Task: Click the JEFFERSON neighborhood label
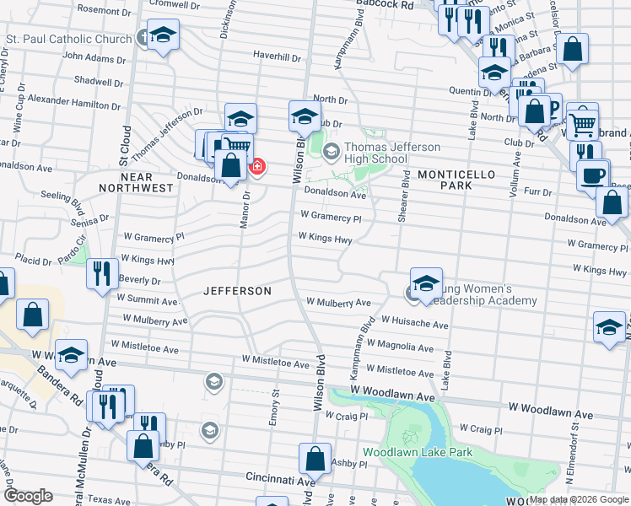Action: [237, 291]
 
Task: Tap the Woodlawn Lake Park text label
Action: [418, 453]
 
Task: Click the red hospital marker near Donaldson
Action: [256, 167]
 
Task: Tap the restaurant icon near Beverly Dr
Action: [101, 272]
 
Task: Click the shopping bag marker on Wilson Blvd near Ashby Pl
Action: [315, 459]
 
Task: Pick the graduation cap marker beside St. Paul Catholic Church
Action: [164, 35]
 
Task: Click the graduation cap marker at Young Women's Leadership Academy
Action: [426, 283]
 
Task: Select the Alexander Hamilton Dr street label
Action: [73, 102]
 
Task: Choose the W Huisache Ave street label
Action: [414, 321]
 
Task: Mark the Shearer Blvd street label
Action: [405, 196]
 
